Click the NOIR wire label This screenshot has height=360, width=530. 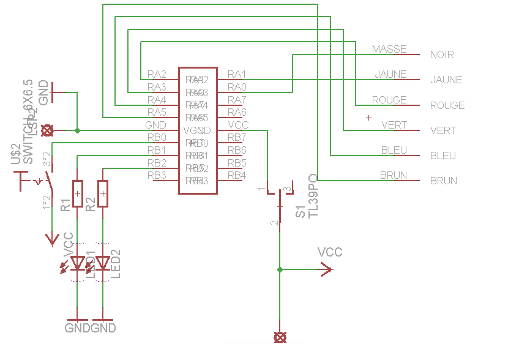click(442, 54)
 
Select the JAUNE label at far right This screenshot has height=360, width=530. click(446, 80)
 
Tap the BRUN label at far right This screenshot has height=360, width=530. click(444, 181)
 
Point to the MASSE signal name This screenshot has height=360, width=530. click(389, 49)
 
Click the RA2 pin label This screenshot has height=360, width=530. click(157, 74)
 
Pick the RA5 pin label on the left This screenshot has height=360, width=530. click(157, 112)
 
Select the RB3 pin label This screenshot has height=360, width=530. click(157, 175)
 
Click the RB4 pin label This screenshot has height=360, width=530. click(237, 175)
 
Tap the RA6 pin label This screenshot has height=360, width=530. click(237, 112)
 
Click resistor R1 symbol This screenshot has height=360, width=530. click(77, 194)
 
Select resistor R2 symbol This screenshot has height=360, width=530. click(103, 194)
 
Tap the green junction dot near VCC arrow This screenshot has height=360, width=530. click(280, 269)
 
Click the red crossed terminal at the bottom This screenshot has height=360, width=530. click(280, 337)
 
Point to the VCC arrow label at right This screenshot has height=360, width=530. click(330, 252)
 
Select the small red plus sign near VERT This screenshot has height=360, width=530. click(368, 117)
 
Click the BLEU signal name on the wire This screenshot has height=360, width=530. click(394, 150)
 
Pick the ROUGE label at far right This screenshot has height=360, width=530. click(447, 105)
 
